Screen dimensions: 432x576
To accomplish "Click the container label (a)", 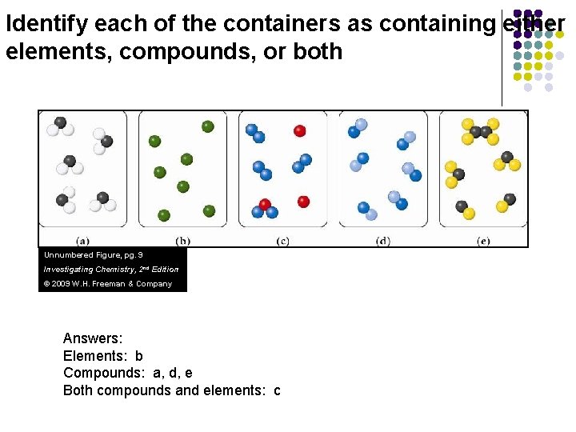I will pyautogui.click(x=82, y=241).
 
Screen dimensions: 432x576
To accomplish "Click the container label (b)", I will pyautogui.click(x=182, y=241).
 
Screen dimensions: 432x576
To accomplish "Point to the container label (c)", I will pyautogui.click(x=282, y=241).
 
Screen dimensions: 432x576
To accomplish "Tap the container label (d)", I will pyautogui.click(x=383, y=241).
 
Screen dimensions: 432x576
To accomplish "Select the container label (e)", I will pyautogui.click(x=483, y=241).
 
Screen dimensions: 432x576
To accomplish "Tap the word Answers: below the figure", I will pyautogui.click(x=93, y=339).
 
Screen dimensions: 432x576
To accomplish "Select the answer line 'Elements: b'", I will pyautogui.click(x=103, y=356).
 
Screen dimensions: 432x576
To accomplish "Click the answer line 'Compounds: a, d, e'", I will pyautogui.click(x=128, y=373).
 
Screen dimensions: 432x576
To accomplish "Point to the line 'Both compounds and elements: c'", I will pyautogui.click(x=172, y=390).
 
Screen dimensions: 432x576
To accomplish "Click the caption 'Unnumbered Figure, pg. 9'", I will pyautogui.click(x=94, y=254).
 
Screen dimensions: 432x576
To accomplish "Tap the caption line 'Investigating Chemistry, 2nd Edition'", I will pyautogui.click(x=111, y=269).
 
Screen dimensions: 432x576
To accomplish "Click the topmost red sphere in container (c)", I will pyautogui.click(x=300, y=130).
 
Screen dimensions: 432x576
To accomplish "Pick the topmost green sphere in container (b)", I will pyautogui.click(x=208, y=126).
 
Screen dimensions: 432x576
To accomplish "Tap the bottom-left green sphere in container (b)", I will pyautogui.click(x=164, y=215).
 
